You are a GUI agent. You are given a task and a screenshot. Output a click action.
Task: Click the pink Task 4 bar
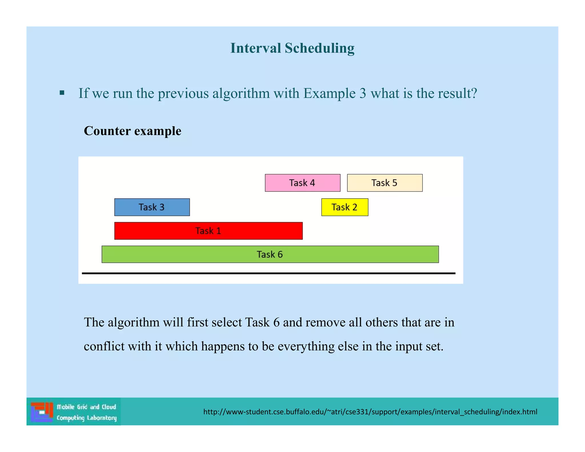[x=302, y=183]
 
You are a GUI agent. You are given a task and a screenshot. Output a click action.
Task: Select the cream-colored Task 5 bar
[x=384, y=183]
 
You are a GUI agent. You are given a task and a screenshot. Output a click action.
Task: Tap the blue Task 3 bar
[x=152, y=207]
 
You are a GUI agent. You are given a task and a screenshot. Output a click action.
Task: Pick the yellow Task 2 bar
[x=344, y=207]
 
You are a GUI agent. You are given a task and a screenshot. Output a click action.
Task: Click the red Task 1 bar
[x=208, y=231]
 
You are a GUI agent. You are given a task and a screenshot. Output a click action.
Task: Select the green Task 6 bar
[x=270, y=254]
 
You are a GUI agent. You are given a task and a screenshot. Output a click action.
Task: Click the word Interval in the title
[x=256, y=48]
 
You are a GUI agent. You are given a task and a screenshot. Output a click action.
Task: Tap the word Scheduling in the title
[x=319, y=48]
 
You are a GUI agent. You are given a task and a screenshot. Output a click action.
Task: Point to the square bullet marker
[x=62, y=93]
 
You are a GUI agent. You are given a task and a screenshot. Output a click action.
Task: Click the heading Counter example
[x=133, y=131]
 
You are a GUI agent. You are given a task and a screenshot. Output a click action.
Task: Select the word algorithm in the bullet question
[x=241, y=93]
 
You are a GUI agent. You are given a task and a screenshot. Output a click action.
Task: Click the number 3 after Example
[x=362, y=93]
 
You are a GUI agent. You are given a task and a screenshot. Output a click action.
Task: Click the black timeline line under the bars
[x=269, y=273]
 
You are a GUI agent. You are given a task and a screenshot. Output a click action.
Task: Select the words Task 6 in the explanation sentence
[x=262, y=322]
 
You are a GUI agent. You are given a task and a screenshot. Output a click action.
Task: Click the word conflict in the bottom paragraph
[x=104, y=346]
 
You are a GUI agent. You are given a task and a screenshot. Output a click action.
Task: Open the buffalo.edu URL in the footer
[x=370, y=412]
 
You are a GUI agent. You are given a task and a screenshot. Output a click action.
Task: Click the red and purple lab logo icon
[x=42, y=412]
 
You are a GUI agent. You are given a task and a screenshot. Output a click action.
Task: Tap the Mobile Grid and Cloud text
[x=86, y=407]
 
